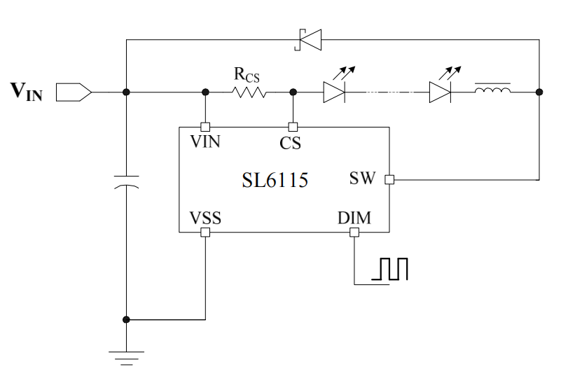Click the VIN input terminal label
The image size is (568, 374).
pyautogui.click(x=27, y=92)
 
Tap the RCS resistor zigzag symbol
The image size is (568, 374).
pyautogui.click(x=249, y=92)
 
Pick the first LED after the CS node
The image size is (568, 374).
pyautogui.click(x=333, y=92)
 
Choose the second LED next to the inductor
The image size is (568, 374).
pyautogui.click(x=439, y=92)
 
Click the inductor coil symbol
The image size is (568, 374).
pyautogui.click(x=492, y=90)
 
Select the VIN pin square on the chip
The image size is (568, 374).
pyautogui.click(x=205, y=127)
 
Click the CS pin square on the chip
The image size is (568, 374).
pyautogui.click(x=293, y=127)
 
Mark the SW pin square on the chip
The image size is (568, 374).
pyautogui.click(x=389, y=179)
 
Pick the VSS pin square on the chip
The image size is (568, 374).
pyautogui.click(x=205, y=233)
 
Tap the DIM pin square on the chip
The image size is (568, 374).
pyautogui.click(x=354, y=233)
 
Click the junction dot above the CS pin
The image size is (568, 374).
pyautogui.click(x=293, y=92)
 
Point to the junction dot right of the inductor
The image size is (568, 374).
pyautogui.click(x=539, y=92)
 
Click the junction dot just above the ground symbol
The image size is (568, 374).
pyautogui.click(x=126, y=319)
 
